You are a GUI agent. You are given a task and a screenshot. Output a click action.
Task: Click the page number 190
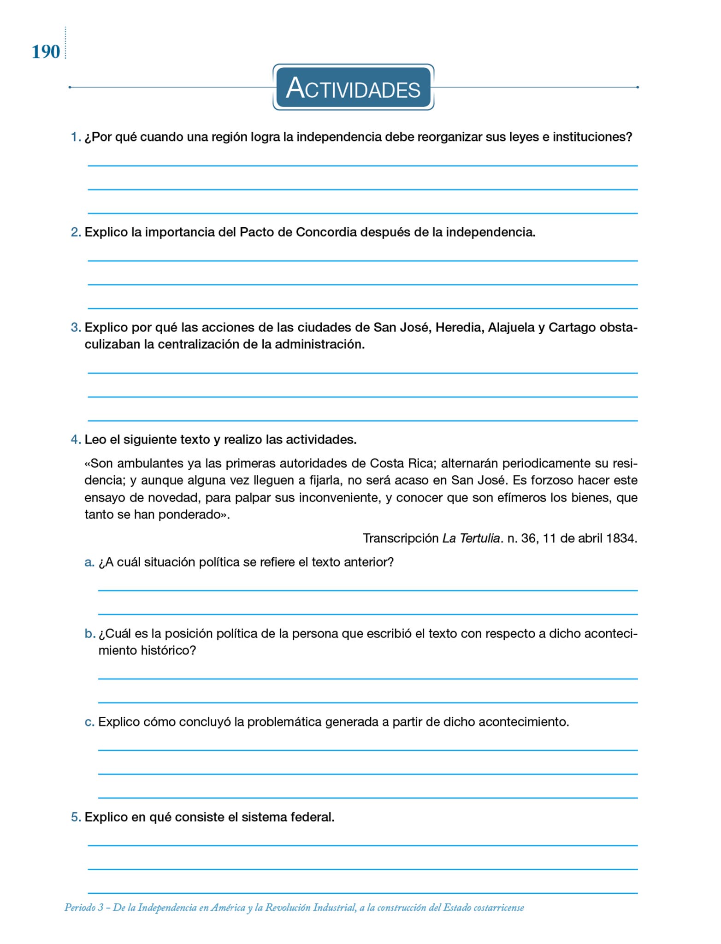pyautogui.click(x=46, y=52)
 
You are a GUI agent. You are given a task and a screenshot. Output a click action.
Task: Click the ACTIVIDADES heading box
pyautogui.click(x=353, y=88)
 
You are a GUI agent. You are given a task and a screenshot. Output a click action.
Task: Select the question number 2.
pyautogui.click(x=76, y=232)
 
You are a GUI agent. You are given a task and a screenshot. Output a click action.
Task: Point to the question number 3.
pyautogui.click(x=76, y=328)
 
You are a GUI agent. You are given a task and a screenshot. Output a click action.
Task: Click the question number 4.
pyautogui.click(x=76, y=440)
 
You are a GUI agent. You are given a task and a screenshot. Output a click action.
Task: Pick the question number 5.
pyautogui.click(x=76, y=817)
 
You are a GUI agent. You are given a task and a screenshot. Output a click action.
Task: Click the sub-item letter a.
pyautogui.click(x=89, y=562)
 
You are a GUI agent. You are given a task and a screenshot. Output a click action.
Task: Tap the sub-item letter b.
pyautogui.click(x=89, y=634)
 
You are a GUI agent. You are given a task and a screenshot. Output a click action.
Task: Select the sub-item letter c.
pyautogui.click(x=89, y=722)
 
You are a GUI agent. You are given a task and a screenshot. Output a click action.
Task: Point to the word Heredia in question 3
pyautogui.click(x=459, y=328)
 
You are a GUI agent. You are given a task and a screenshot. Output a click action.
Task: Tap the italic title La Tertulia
pyautogui.click(x=471, y=538)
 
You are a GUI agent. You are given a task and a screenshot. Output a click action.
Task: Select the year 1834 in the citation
pyautogui.click(x=622, y=538)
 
